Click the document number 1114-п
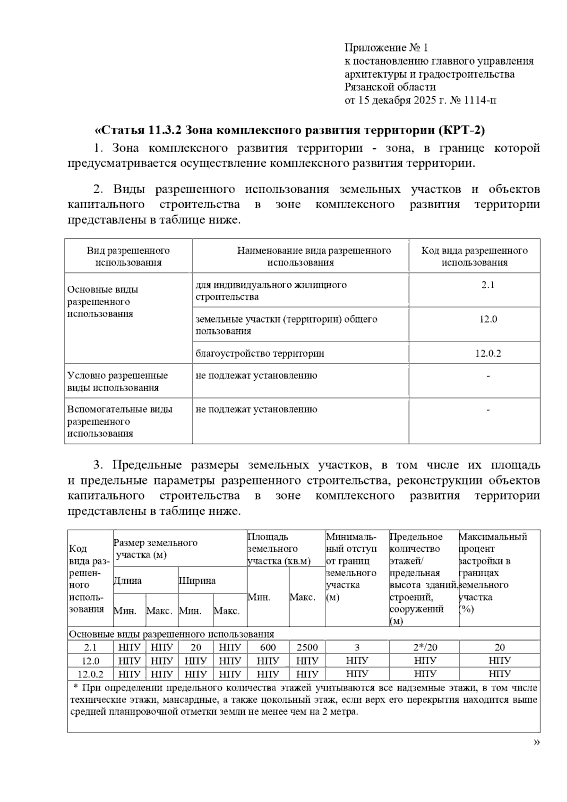pyautogui.click(x=480, y=100)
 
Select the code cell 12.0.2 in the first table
pyautogui.click(x=488, y=353)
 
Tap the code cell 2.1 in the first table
pyautogui.click(x=488, y=285)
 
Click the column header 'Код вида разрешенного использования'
pyautogui.click(x=474, y=256)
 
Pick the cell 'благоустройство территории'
pyautogui.click(x=260, y=353)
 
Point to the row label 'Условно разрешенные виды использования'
pyautogui.click(x=118, y=382)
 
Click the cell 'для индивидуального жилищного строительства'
pyautogui.click(x=271, y=291)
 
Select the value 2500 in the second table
pyautogui.click(x=307, y=648)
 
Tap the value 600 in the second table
pyautogui.click(x=267, y=648)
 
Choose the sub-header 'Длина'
pyautogui.click(x=128, y=581)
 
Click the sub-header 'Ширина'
pyautogui.click(x=197, y=581)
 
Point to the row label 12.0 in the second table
pyautogui.click(x=90, y=661)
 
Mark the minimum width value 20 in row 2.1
pyautogui.click(x=196, y=648)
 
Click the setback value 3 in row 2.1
pyautogui.click(x=357, y=648)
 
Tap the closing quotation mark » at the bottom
pyautogui.click(x=536, y=742)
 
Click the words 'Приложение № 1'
pyautogui.click(x=386, y=48)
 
